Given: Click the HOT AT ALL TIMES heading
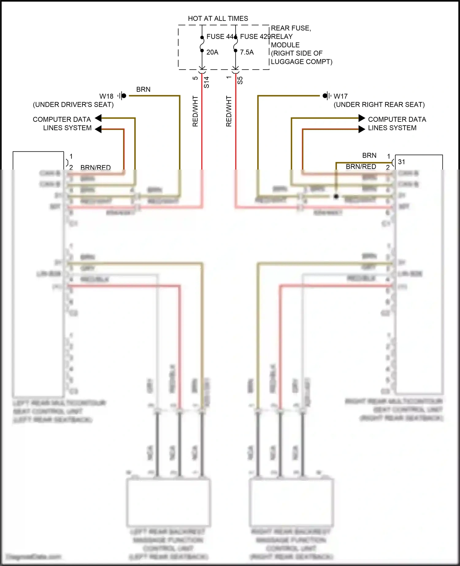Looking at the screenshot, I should (218, 18).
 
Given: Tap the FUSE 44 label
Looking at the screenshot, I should (220, 36).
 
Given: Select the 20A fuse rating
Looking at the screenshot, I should (212, 52).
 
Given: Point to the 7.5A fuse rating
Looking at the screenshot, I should (247, 52).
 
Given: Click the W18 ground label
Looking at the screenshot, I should (106, 96).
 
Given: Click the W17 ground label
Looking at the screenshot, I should (340, 96).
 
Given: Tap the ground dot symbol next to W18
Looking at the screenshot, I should (124, 96).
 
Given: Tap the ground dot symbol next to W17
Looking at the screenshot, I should (325, 96).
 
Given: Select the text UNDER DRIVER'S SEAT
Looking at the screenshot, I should (73, 105).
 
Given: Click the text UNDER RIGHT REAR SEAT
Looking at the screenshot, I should (379, 105).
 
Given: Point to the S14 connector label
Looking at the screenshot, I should (207, 82).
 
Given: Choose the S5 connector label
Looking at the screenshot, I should (240, 80).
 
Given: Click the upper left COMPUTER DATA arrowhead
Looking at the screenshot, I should (98, 118).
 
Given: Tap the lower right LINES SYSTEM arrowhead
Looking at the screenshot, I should (362, 129).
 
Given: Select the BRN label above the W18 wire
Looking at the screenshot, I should (143, 89).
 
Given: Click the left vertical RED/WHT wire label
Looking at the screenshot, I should (195, 111).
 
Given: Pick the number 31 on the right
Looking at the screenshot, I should (401, 162).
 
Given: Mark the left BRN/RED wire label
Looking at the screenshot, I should (95, 167).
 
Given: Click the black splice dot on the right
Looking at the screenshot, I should (336, 196).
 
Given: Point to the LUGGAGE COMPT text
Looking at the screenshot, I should (301, 62).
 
